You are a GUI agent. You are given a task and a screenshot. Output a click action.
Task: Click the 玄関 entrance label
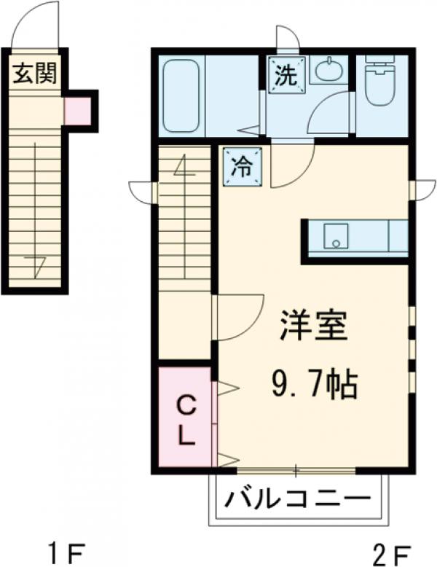pyautogui.click(x=34, y=73)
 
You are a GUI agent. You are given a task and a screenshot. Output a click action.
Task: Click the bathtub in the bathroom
pyautogui.click(x=183, y=95)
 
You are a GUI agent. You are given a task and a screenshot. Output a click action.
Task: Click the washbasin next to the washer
pyautogui.click(x=328, y=70)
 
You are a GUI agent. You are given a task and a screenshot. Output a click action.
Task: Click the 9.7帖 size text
pyautogui.click(x=315, y=383)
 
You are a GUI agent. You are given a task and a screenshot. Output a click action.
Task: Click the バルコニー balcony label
pyautogui.click(x=297, y=501)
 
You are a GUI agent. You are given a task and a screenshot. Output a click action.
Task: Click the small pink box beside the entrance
pyautogui.click(x=76, y=111)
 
